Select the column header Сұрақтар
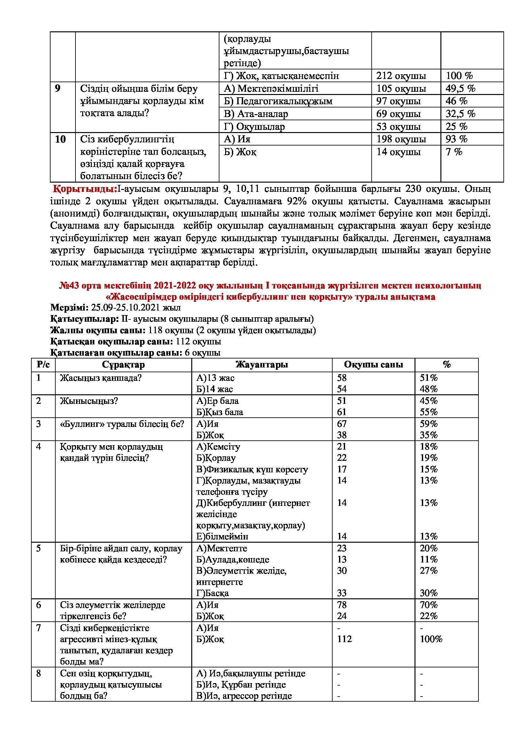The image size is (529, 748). [x=123, y=365]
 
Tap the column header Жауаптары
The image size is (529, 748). [x=262, y=365]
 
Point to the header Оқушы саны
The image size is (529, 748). [x=373, y=365]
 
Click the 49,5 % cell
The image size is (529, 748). [x=460, y=88]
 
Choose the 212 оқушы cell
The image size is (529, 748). [x=401, y=75]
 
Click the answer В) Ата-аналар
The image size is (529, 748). [x=256, y=114]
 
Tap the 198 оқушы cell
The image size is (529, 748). [x=401, y=139]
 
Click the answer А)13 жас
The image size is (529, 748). [x=215, y=378]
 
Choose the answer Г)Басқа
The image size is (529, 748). [x=212, y=593]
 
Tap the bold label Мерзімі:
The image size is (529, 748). [x=69, y=308]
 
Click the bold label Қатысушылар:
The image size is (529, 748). [x=82, y=319]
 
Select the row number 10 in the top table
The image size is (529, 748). [x=60, y=139]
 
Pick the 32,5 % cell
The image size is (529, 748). [x=460, y=114]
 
